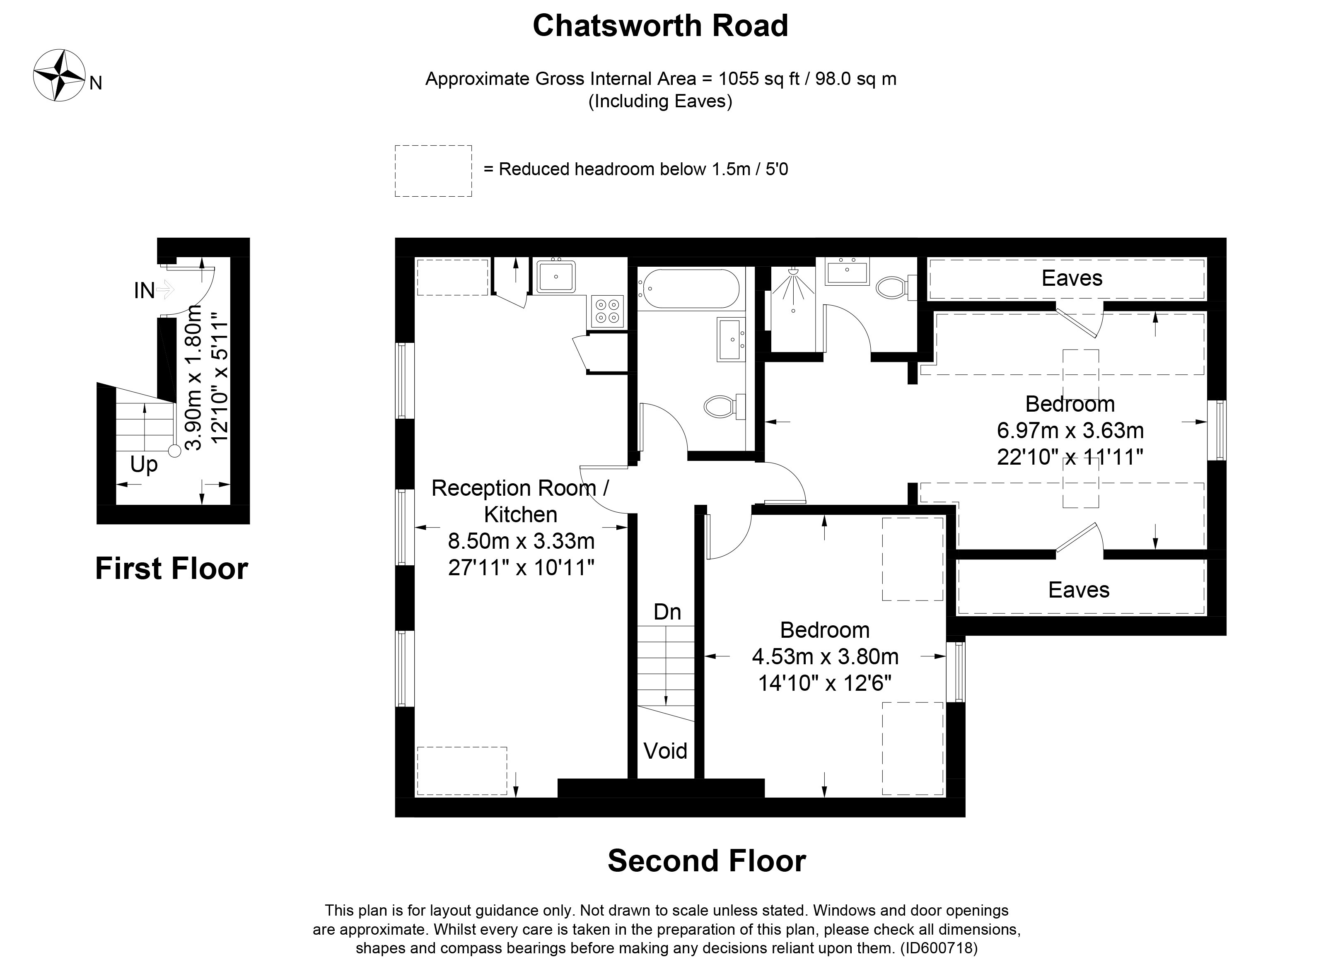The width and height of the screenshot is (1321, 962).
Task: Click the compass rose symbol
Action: click(59, 75)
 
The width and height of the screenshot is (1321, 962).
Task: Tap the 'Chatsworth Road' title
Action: click(660, 26)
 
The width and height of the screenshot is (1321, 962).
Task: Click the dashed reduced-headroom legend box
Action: click(433, 171)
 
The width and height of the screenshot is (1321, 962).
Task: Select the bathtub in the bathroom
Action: click(689, 289)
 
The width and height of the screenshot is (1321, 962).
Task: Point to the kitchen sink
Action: click(556, 277)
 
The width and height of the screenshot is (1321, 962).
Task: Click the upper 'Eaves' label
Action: click(1071, 278)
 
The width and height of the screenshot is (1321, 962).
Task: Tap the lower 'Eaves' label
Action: click(1078, 590)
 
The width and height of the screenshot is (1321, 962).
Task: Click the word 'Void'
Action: click(665, 751)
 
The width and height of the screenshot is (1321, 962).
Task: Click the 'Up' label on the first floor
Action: click(143, 465)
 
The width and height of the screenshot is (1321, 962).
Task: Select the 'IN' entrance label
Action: click(145, 291)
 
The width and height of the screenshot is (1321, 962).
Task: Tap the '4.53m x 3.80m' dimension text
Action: click(825, 656)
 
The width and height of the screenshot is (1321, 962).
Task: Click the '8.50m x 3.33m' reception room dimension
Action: click(521, 541)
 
